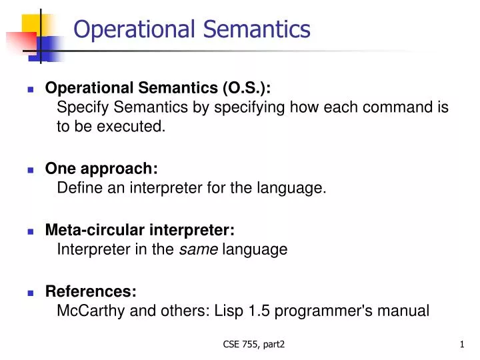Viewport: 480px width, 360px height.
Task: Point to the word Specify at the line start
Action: click(81, 107)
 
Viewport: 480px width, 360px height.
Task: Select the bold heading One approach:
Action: click(101, 169)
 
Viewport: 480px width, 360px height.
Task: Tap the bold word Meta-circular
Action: click(89, 230)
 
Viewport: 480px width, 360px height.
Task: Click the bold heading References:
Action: click(91, 291)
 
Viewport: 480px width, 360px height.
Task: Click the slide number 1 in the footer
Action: click(461, 344)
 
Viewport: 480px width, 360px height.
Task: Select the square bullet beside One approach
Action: click(31, 170)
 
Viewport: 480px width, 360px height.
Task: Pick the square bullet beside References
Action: click(31, 293)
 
